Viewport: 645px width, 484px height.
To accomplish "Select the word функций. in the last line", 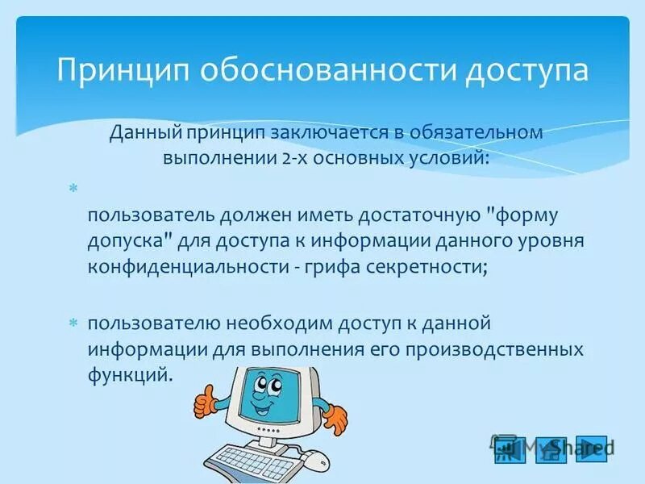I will [131, 376].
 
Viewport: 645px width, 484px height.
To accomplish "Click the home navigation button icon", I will [551, 449].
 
